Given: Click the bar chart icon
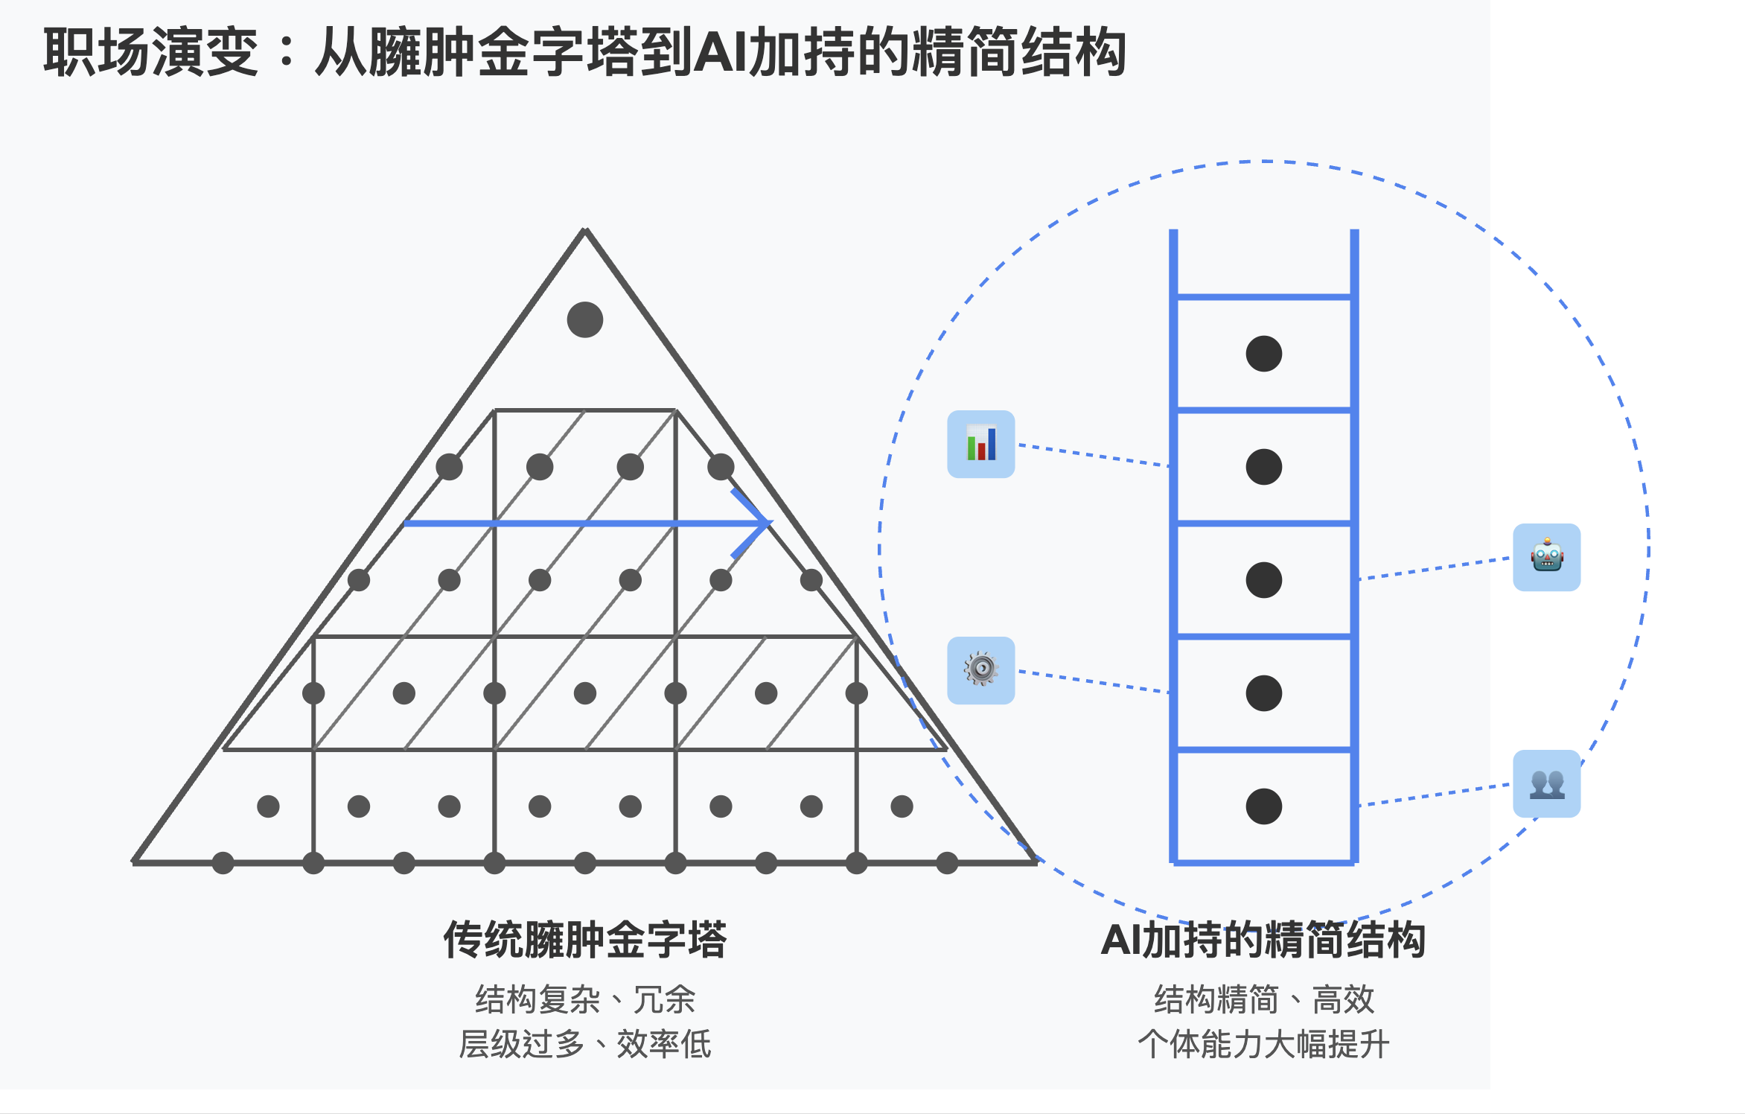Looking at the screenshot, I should click(980, 444).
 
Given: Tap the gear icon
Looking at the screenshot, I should click(980, 669).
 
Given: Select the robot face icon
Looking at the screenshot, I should click(1546, 557).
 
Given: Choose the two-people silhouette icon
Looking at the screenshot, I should click(1546, 783).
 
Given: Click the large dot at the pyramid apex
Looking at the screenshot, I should click(584, 319).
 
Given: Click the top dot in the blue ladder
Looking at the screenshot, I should click(1263, 354).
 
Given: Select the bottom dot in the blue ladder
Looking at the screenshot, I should click(1263, 806).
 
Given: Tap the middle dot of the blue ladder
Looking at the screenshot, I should click(1263, 580).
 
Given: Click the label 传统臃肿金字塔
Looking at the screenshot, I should click(584, 940).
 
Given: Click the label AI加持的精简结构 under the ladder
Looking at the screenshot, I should click(1263, 940).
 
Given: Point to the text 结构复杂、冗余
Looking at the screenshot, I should click(584, 999).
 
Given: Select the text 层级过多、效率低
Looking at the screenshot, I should click(584, 1044).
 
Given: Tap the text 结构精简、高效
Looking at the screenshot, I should click(1263, 999).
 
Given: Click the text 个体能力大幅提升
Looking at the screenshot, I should click(1263, 1044).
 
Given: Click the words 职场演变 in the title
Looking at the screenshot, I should click(150, 52).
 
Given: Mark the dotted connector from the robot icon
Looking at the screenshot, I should click(1434, 568).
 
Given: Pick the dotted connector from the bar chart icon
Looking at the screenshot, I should click(1093, 455).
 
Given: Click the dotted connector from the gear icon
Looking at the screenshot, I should click(1093, 681).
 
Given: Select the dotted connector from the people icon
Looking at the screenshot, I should click(1434, 795).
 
